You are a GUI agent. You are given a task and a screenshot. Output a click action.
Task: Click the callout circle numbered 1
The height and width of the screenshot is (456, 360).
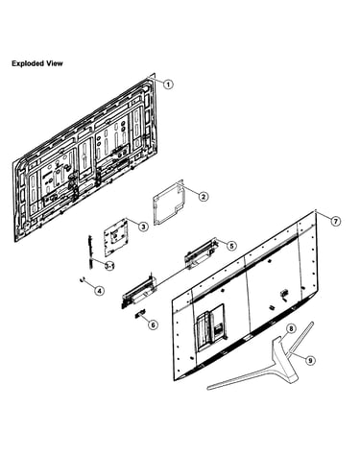(168, 84)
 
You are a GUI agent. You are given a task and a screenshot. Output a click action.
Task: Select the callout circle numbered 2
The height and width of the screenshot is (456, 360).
(204, 196)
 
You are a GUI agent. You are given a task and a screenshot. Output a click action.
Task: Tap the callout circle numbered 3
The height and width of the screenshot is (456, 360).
(143, 227)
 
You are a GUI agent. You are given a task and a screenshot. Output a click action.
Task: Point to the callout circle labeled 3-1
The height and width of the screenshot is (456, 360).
(110, 265)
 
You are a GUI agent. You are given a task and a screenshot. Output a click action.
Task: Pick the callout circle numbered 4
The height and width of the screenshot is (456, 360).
(99, 291)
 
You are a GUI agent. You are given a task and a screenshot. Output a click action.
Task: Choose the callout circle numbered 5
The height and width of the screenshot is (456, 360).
(231, 246)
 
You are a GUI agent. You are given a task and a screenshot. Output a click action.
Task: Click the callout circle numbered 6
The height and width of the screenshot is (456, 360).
(153, 324)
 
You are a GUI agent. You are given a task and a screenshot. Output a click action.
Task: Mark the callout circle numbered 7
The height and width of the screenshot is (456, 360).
(335, 221)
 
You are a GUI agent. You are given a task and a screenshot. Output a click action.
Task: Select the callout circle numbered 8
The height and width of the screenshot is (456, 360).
(291, 328)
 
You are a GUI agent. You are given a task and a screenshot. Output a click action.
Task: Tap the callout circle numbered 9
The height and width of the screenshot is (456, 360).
(309, 361)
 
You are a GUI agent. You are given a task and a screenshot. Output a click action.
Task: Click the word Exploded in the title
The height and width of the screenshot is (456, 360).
(28, 63)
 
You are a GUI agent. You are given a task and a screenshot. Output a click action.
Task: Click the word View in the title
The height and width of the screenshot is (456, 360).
(55, 63)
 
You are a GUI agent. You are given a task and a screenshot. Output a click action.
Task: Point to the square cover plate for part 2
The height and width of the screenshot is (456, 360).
(169, 203)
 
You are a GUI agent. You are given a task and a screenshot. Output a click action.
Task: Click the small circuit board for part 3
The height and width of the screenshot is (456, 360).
(115, 237)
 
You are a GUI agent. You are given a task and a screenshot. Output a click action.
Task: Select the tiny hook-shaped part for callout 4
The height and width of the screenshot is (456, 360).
(82, 279)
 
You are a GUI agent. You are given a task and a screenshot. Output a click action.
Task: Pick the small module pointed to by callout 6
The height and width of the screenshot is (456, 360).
(140, 313)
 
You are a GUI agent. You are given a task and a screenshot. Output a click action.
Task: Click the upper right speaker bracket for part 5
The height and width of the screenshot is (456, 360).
(202, 253)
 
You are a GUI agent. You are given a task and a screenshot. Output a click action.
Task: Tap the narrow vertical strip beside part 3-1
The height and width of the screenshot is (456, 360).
(90, 252)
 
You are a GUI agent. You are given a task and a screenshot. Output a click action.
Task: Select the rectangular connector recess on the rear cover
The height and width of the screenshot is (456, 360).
(210, 327)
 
